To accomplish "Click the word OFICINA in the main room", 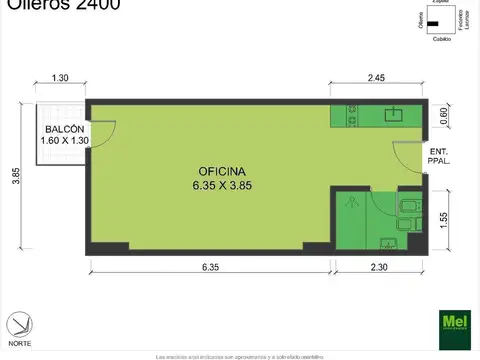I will click(x=210, y=171).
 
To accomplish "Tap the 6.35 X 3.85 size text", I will click(x=210, y=185).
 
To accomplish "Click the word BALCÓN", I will click(x=62, y=129).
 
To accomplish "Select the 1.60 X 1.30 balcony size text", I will click(x=63, y=142).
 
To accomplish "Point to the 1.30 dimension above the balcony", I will click(x=60, y=78).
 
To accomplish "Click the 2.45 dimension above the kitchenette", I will click(x=376, y=78).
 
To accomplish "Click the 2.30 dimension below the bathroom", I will click(x=377, y=266).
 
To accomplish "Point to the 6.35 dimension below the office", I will click(x=210, y=266).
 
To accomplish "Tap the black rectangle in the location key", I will click(x=432, y=25).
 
